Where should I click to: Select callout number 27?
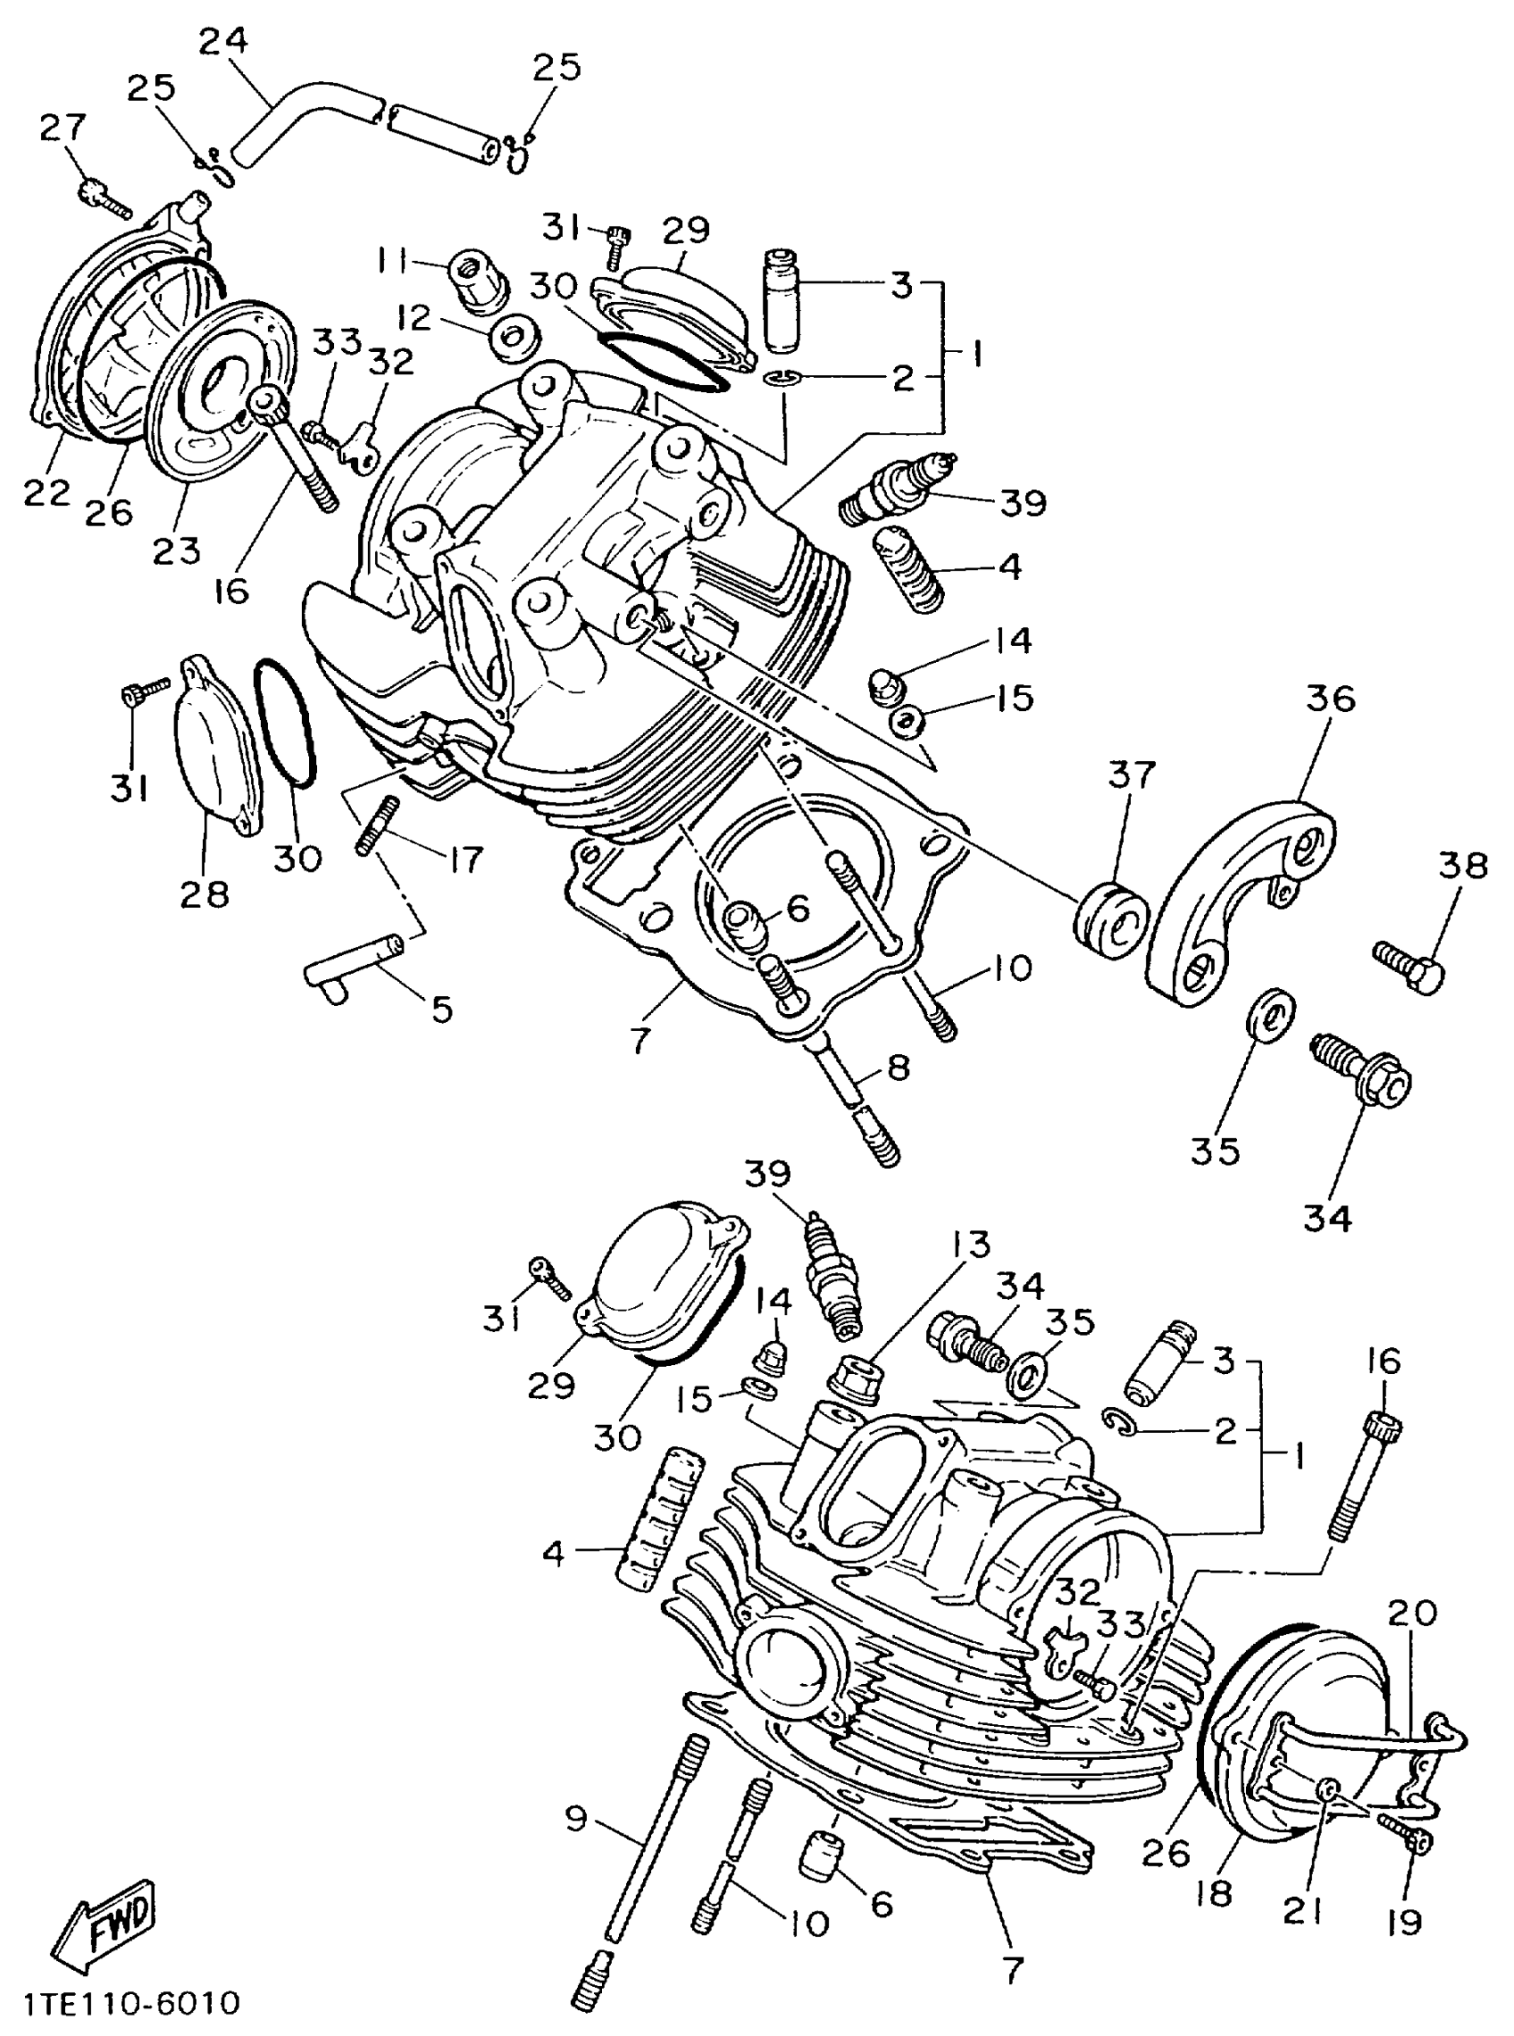(x=62, y=129)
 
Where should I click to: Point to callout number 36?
(x=1330, y=699)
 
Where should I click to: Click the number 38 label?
(x=1462, y=864)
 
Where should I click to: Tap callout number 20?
(x=1412, y=1613)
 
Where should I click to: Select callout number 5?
(x=443, y=1010)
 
